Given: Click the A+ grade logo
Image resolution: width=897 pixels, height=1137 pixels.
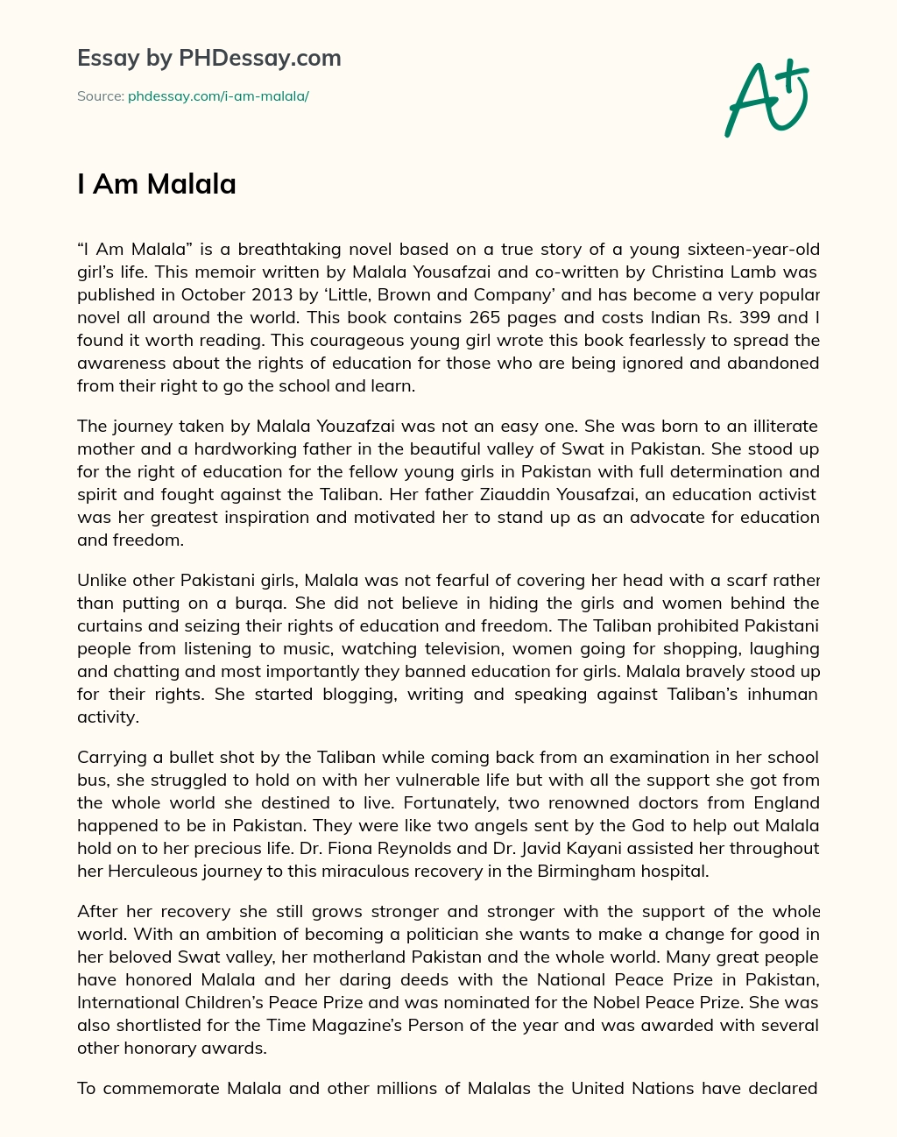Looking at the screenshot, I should (766, 98).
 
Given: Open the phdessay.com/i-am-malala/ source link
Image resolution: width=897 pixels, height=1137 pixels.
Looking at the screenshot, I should (218, 96).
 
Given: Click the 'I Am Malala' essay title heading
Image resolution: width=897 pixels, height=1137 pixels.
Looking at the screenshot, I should (157, 184).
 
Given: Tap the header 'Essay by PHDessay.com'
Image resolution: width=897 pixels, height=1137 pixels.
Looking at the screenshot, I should (208, 58).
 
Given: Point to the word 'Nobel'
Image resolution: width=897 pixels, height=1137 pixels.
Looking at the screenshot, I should (658, 1002).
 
